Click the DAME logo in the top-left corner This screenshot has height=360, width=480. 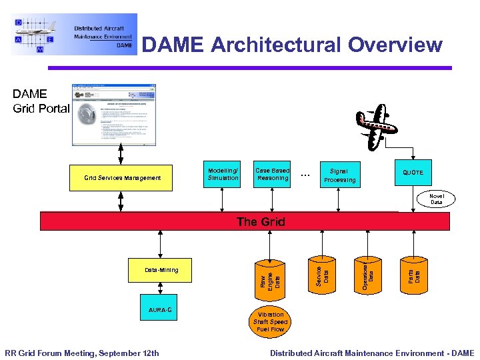73,34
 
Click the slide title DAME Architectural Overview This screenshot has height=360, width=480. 292,45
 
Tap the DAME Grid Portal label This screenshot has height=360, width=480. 40,101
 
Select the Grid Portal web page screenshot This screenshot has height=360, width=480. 114,114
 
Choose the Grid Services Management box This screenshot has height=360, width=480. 122,177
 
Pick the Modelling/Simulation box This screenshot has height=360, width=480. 223,174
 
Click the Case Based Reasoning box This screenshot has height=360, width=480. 272,174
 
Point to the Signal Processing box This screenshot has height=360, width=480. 339,175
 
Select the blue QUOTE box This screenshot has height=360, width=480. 413,172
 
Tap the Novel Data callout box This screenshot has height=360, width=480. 436,199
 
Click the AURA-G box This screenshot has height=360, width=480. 159,309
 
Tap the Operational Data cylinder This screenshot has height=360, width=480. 367,273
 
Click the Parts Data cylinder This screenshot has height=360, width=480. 413,273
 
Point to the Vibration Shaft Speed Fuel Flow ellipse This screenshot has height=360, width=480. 269,322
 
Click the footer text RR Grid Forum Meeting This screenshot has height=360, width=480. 82,353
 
